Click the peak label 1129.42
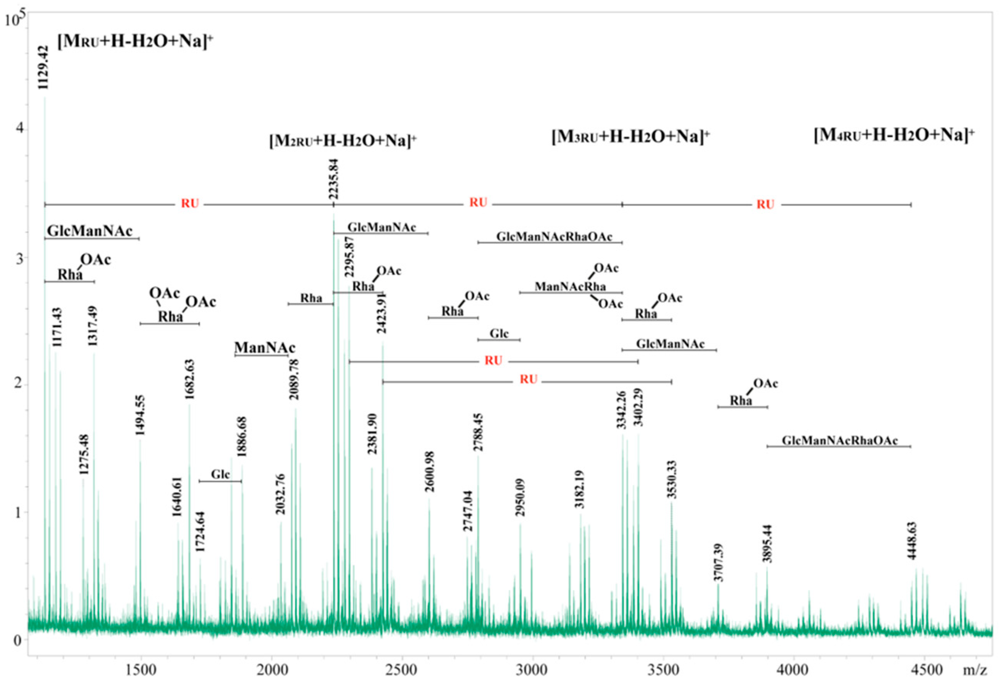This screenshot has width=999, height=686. [x=44, y=67]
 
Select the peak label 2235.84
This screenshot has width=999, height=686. [x=333, y=179]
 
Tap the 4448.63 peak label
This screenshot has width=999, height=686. [x=912, y=540]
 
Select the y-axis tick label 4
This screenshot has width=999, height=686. [x=17, y=130]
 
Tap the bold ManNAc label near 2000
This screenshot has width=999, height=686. [x=265, y=347]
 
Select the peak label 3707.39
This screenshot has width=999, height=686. [x=718, y=562]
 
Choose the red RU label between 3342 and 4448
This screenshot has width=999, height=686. [x=765, y=205]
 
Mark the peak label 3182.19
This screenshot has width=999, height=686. [x=580, y=489]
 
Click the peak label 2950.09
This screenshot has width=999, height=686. [x=520, y=497]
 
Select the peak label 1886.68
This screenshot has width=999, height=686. [x=242, y=436]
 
